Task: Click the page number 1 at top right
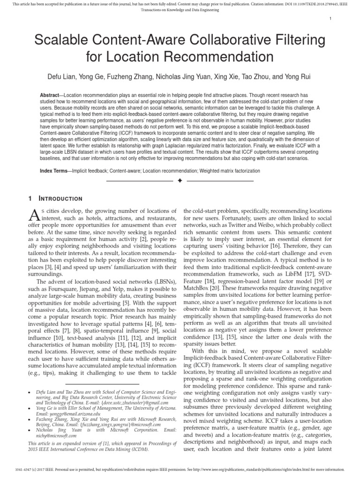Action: click(x=330, y=19)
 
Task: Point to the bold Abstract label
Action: click(x=51, y=95)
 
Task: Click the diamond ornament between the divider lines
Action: click(x=180, y=180)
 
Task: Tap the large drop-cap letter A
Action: click(x=34, y=215)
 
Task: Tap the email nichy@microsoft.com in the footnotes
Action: click(x=49, y=435)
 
